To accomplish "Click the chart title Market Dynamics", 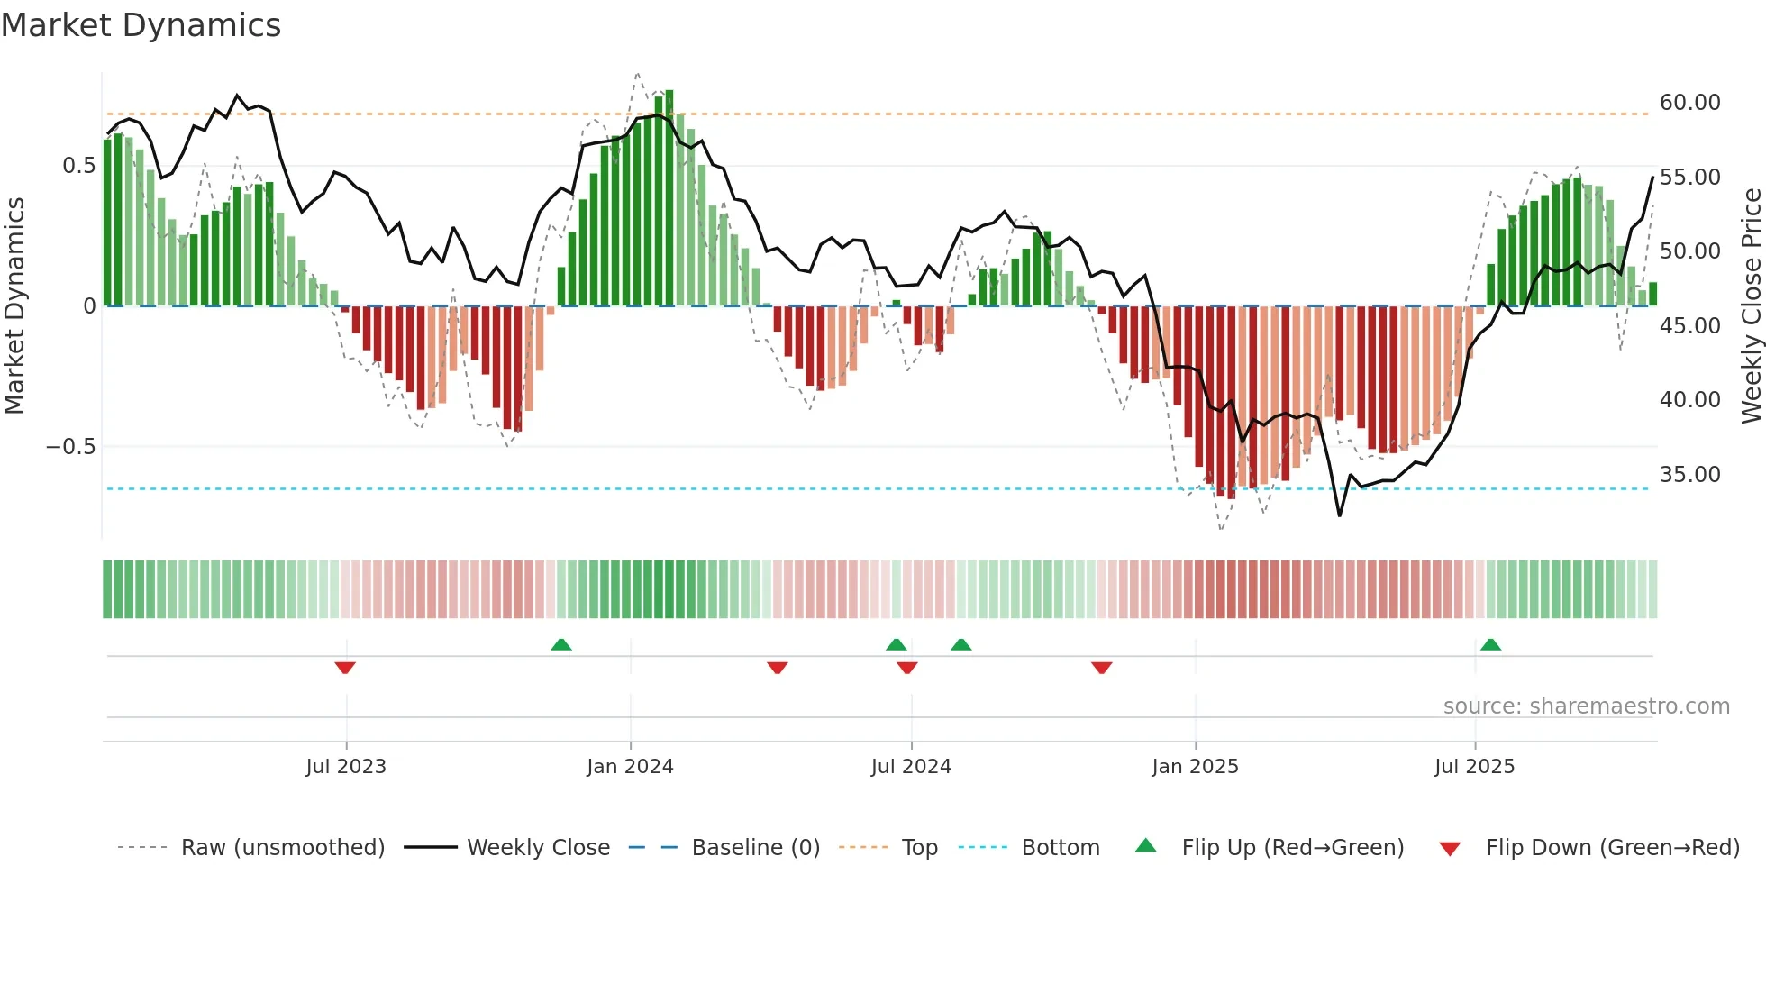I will coord(141,25).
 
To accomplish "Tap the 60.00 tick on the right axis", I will coord(1689,103).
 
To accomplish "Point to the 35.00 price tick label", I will coord(1689,475).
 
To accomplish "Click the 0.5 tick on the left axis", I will coord(78,166).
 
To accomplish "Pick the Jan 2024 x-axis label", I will coord(630,767).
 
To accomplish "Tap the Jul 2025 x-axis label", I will coord(1474,767).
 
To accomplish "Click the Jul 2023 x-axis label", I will coord(346,767).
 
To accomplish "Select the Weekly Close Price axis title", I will coord(1751,305).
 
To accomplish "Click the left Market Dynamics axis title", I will coord(14,305).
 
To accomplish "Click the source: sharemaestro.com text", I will coord(1586,706).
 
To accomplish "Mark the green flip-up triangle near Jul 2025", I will coord(1490,644).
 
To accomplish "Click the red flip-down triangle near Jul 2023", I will coord(345,668).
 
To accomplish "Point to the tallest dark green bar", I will coord(669,198).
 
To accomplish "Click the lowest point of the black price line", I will coord(1340,515).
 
